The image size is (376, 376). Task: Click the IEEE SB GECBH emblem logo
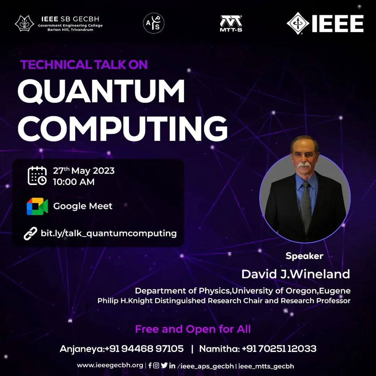[24, 24]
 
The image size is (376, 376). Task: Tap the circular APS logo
[154, 23]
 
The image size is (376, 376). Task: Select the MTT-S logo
[231, 24]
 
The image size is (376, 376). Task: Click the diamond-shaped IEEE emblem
[298, 23]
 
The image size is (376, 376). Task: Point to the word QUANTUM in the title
[101, 91]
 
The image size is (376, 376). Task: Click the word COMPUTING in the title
[123, 128]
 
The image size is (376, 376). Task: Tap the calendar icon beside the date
[37, 176]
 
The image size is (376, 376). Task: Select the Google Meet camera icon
[37, 206]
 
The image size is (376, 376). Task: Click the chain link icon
[30, 234]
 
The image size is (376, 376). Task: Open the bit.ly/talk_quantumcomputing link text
[109, 233]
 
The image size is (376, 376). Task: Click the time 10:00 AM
[73, 182]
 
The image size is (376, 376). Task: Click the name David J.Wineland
[296, 274]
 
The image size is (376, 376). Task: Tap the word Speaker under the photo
[304, 256]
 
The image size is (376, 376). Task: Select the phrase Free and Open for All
[193, 329]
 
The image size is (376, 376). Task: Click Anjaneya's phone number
[144, 348]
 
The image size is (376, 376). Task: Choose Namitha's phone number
[279, 348]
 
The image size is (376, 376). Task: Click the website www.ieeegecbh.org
[110, 366]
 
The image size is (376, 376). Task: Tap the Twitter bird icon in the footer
[164, 365]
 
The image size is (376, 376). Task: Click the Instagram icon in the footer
[156, 365]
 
